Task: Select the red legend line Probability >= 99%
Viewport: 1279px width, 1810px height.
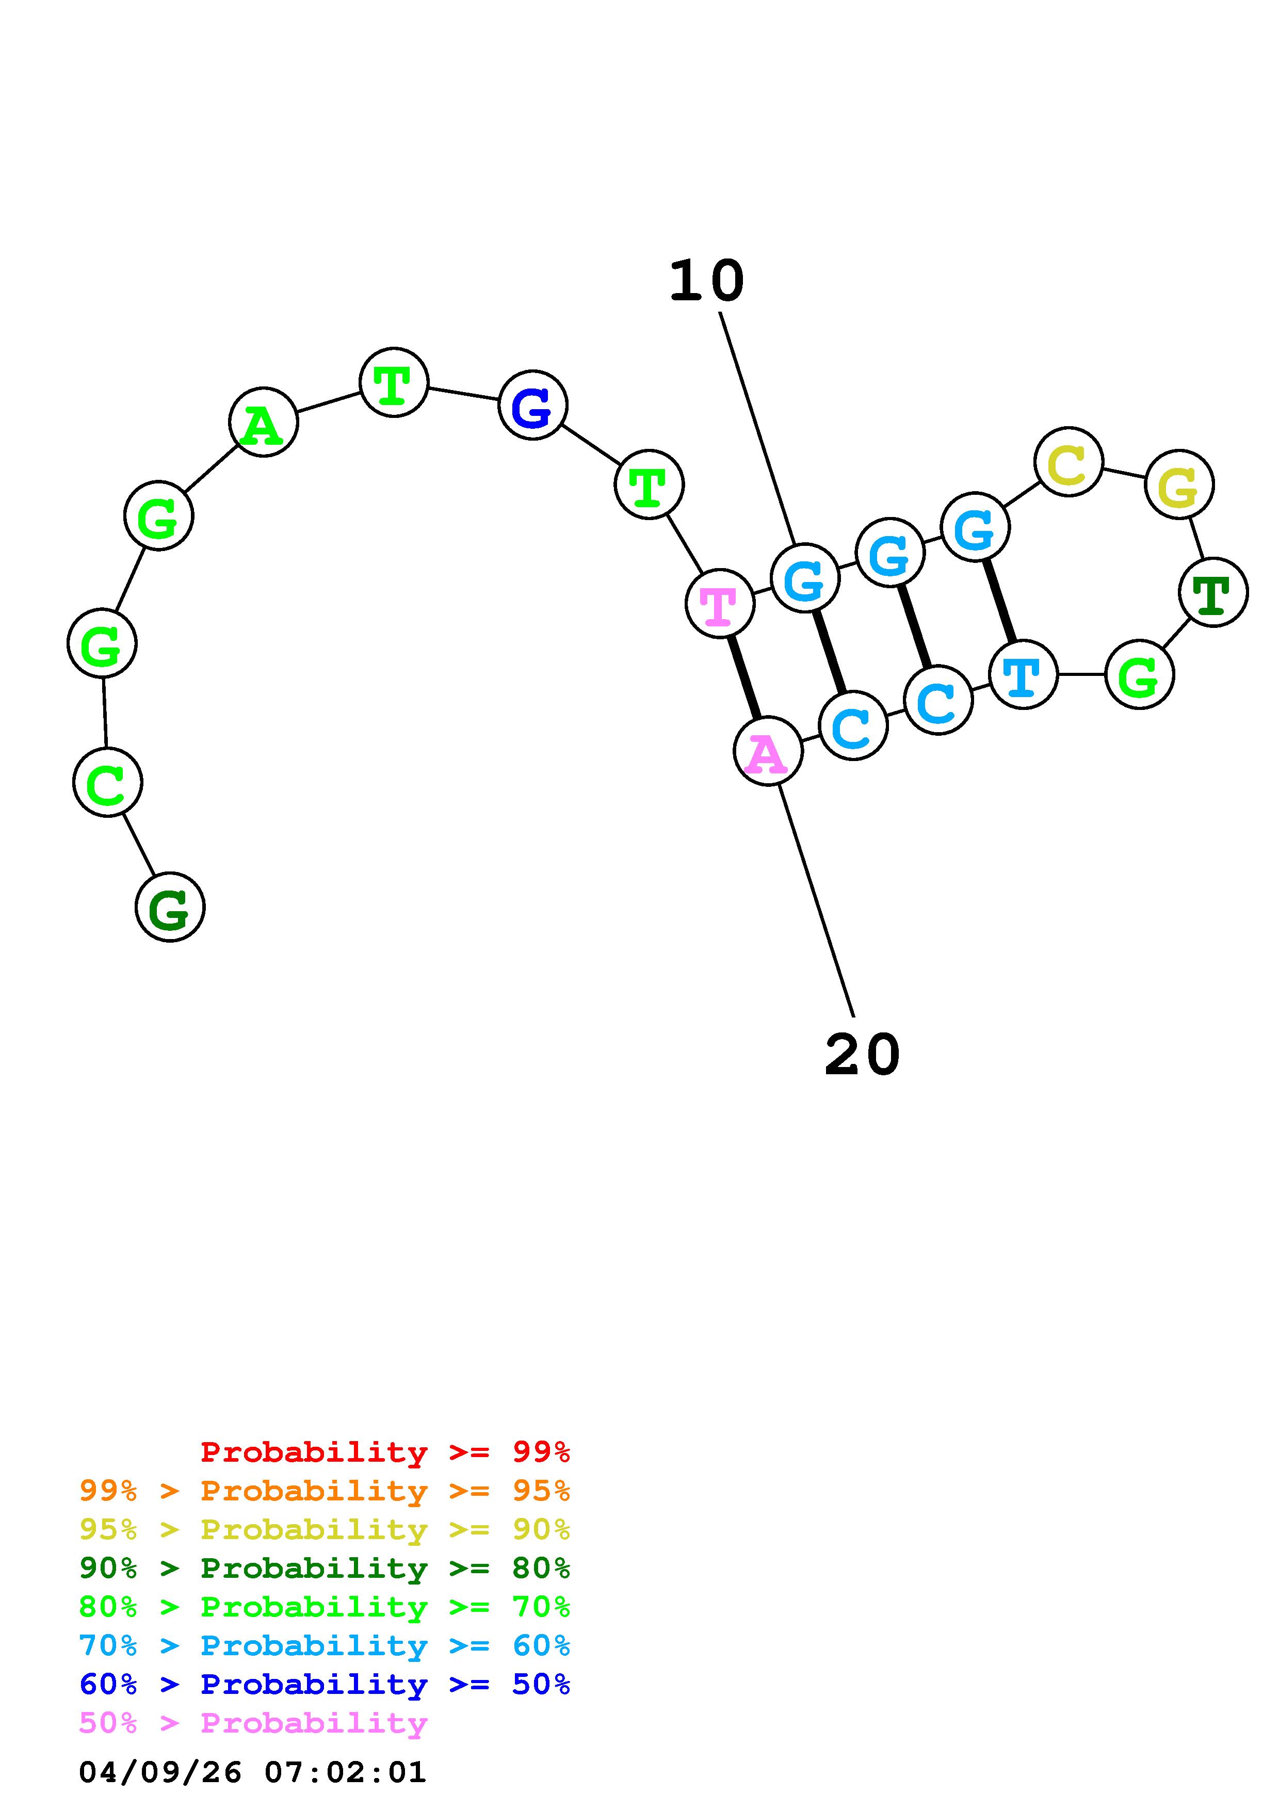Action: pyautogui.click(x=384, y=1452)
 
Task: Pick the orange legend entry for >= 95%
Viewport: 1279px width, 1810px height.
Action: pyautogui.click(x=325, y=1491)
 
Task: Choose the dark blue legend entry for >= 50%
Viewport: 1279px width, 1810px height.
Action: pyautogui.click(x=325, y=1684)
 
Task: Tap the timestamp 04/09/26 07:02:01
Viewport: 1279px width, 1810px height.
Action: pyautogui.click(x=252, y=1772)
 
